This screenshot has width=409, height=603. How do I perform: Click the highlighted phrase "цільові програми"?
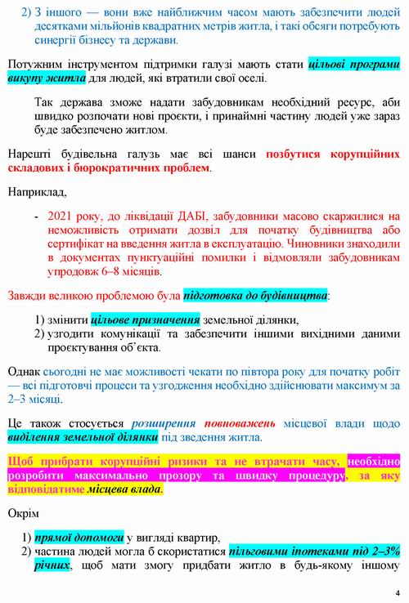pos(353,64)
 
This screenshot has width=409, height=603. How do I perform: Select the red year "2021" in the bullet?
pos(63,217)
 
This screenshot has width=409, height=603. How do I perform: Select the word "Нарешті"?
pos(31,154)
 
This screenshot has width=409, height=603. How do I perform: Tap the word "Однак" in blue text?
pos(25,370)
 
